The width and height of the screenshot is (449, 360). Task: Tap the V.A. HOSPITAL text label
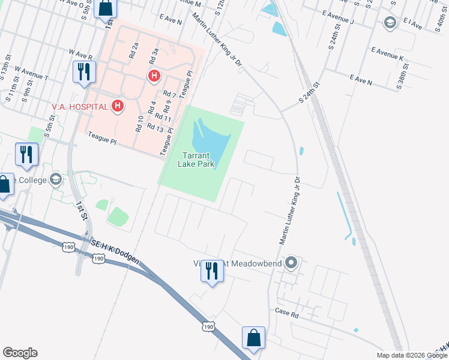click(80, 107)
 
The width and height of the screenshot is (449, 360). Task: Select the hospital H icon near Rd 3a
click(154, 76)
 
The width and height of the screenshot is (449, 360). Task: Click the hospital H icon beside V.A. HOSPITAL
click(118, 107)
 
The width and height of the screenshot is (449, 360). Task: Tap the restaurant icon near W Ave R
click(83, 71)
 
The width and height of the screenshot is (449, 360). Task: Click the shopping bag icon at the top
click(106, 8)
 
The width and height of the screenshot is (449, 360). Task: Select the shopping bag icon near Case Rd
click(253, 337)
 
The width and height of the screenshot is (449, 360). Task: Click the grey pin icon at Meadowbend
click(292, 263)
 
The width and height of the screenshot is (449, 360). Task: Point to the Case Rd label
click(287, 312)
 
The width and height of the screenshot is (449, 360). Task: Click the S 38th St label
click(400, 79)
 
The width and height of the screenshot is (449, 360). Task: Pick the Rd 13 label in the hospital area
click(155, 128)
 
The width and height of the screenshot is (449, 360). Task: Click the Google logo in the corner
click(20, 353)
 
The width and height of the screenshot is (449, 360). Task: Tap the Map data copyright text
click(411, 355)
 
